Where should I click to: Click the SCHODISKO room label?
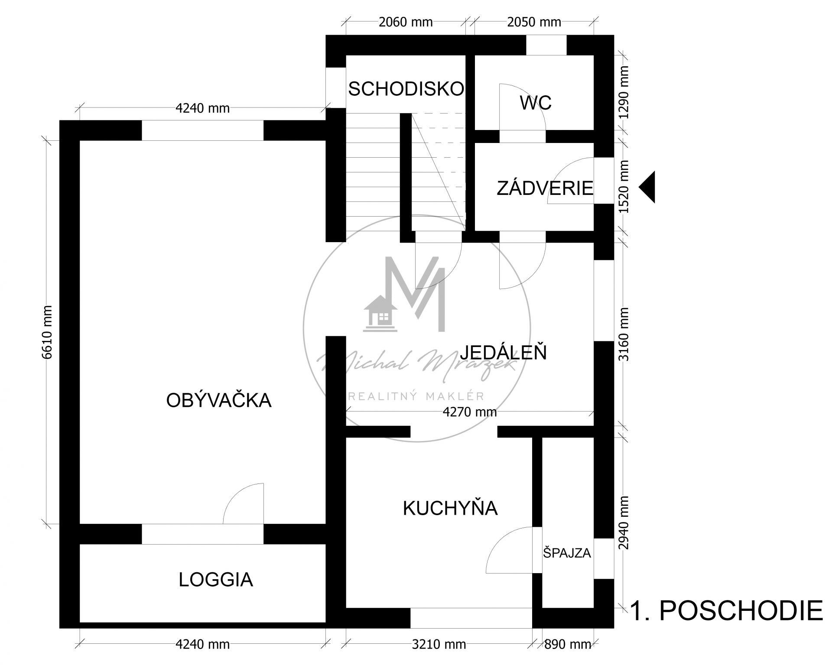(406, 89)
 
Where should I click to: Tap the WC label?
(536, 103)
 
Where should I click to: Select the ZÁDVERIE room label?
(545, 188)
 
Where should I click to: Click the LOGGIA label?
(216, 580)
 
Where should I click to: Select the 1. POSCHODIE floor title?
(726, 611)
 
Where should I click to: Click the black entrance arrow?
(647, 187)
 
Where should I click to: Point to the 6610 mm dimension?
(48, 332)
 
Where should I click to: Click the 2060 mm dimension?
(406, 22)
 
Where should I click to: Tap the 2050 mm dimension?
(534, 22)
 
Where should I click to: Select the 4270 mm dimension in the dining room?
(470, 412)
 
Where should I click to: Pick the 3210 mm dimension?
(439, 644)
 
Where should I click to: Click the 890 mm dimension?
(567, 644)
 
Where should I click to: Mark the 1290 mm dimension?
(624, 92)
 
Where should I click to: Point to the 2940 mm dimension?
(624, 523)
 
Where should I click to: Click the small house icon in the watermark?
(380, 313)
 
